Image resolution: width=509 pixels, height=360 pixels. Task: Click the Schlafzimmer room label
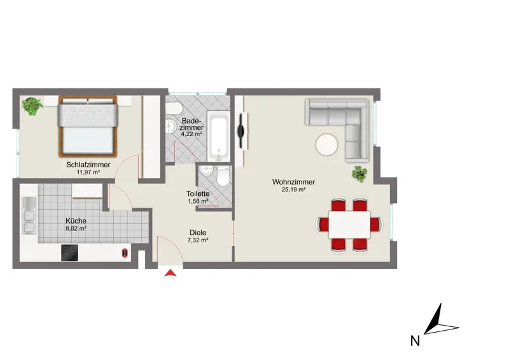point(88,165)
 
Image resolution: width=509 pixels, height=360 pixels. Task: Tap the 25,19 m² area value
point(293,190)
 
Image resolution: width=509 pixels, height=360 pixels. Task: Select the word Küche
point(76,221)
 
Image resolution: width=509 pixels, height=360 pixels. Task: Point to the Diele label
point(198,232)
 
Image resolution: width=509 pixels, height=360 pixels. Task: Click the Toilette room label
point(198,193)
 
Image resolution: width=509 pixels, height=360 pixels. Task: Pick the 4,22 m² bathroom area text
point(192,134)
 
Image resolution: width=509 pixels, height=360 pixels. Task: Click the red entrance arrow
point(171,273)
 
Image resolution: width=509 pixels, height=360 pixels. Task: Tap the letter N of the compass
point(415,341)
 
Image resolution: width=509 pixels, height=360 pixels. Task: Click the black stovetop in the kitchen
point(69,253)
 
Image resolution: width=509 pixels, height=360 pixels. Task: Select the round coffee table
point(327,145)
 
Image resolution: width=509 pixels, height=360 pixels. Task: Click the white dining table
point(349,225)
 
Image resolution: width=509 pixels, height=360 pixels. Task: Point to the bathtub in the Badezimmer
point(219,135)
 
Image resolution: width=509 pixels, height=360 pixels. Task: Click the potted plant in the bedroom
point(32,106)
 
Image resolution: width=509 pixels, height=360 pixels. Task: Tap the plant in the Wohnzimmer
point(359,174)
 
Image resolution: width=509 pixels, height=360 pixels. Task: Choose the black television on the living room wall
point(241,131)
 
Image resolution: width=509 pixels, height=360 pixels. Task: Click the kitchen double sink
point(29,216)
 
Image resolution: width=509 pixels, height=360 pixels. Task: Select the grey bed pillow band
point(88,115)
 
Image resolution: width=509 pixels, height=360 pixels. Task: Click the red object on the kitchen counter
point(125,253)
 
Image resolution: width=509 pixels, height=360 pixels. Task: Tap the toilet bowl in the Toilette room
point(223,177)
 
